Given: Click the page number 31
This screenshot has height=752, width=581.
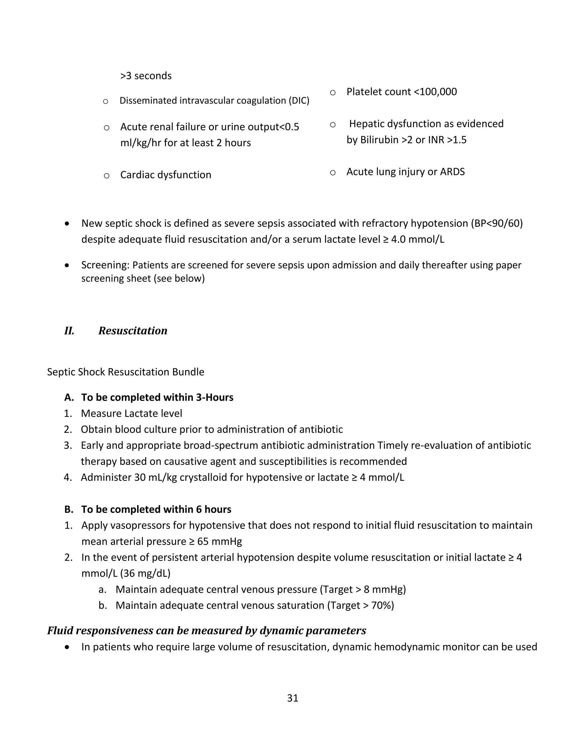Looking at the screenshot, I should (x=292, y=698).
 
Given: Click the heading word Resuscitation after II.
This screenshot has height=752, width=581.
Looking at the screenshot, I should (x=132, y=331).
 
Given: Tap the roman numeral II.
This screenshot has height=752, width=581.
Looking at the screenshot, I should (x=69, y=331).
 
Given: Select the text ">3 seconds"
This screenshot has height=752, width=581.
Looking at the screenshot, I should (x=146, y=76).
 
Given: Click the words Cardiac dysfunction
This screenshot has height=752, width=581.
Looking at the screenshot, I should (x=166, y=175).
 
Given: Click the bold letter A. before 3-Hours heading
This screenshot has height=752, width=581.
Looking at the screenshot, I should (x=69, y=397).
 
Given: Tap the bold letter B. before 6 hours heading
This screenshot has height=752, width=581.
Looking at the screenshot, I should (x=69, y=509).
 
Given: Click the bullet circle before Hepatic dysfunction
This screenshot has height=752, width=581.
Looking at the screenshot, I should (x=332, y=125).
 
